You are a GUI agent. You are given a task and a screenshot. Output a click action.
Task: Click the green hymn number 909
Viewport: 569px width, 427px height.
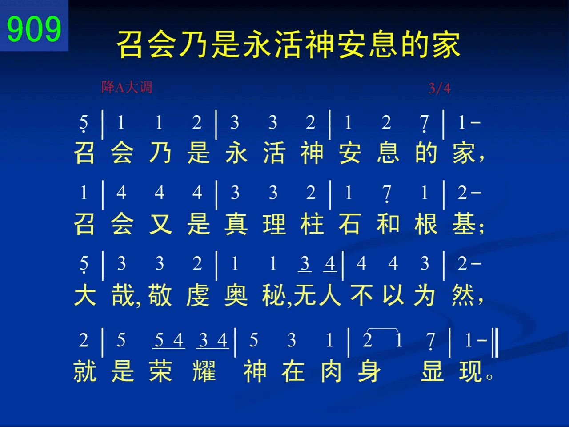coord(34,29)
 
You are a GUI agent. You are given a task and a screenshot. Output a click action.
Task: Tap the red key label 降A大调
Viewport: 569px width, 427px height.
coord(127,87)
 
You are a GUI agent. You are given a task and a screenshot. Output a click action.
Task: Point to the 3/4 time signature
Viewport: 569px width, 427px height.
coord(439,89)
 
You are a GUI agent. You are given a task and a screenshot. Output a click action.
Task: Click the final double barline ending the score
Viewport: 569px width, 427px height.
coord(495,342)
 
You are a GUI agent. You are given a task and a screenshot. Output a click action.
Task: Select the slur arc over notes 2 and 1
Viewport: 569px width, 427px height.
coord(383,329)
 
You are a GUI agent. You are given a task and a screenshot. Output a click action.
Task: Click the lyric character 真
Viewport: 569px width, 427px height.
coord(236,224)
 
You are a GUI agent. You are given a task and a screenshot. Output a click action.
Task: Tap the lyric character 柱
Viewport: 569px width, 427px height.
coord(312,224)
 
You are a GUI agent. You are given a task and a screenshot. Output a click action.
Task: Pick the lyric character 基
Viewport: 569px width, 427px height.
coord(464,224)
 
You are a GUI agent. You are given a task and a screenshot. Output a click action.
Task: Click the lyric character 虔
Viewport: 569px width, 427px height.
coord(198,295)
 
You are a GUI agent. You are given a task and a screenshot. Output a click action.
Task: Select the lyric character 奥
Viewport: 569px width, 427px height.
coord(236,295)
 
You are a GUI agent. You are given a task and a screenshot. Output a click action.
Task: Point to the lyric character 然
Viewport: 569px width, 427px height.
coord(463,295)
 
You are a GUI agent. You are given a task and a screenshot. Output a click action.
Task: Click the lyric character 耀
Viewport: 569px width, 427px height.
coord(204,371)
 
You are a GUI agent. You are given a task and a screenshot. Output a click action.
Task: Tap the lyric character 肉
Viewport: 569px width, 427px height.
coord(331,371)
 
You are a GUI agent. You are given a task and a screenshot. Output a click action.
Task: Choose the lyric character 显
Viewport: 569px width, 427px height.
coord(433,371)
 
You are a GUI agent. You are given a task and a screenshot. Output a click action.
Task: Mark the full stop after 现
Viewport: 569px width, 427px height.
coord(490,376)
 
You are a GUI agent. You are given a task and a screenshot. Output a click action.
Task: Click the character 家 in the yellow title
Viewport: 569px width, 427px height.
coord(446,44)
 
